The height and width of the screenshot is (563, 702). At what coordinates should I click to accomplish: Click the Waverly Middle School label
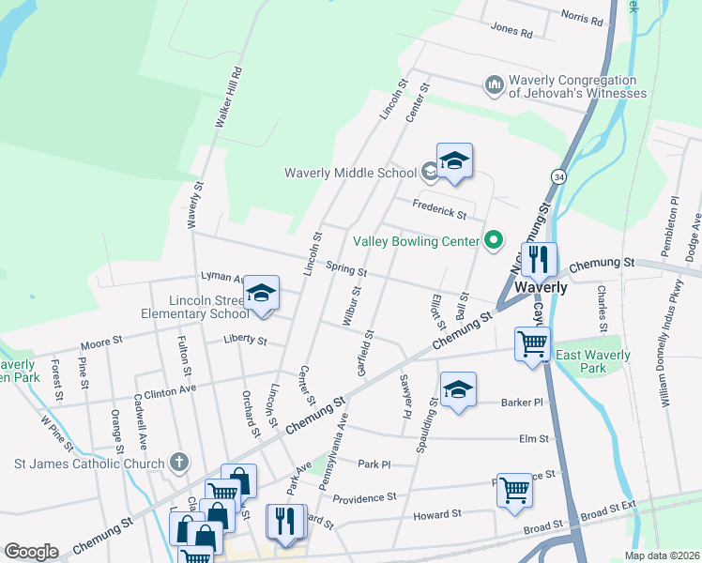(352, 173)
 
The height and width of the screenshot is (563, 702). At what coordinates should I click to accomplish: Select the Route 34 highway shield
(558, 176)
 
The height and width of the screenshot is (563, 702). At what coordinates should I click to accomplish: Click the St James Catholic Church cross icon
(179, 463)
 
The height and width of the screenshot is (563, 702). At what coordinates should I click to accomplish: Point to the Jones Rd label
(511, 31)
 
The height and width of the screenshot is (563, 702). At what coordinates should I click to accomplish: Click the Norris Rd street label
(586, 15)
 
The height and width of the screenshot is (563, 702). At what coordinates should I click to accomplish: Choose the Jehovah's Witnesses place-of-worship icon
(495, 86)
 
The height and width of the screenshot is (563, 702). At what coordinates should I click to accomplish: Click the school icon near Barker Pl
(457, 388)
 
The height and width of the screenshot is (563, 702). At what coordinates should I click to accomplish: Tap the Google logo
(31, 552)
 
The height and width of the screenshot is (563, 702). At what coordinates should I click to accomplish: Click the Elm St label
(532, 438)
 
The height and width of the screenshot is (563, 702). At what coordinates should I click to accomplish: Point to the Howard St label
(437, 514)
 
